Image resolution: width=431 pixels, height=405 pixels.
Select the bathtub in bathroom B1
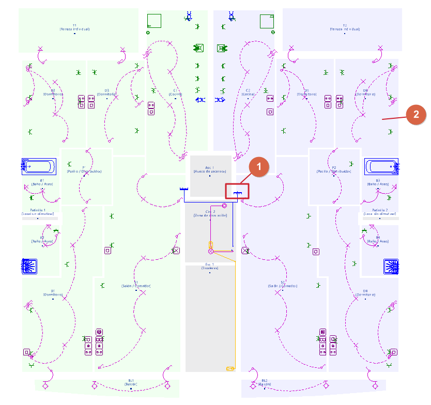pos(39,166)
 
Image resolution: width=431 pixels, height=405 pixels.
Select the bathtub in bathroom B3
pos(382,166)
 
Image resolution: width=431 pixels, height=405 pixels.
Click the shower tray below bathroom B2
pos(30,266)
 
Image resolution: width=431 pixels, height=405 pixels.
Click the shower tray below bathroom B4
pos(391,266)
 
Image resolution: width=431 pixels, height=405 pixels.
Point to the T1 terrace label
pos(74,27)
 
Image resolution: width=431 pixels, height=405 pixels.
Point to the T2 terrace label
pos(345,27)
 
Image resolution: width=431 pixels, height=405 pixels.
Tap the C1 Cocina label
pos(175,92)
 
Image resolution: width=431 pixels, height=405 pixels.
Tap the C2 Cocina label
pos(248,92)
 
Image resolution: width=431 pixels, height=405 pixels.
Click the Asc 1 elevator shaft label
pos(210,169)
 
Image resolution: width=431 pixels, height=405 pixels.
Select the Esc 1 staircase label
pos(210,266)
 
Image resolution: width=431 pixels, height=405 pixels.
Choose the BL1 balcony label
pos(131,382)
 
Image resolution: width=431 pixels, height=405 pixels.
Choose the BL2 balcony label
pos(265,382)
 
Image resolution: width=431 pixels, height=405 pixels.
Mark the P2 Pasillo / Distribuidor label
pos(334,169)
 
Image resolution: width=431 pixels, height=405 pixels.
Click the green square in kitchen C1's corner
pos(154,21)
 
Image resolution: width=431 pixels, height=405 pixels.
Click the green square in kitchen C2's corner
pos(267,21)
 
